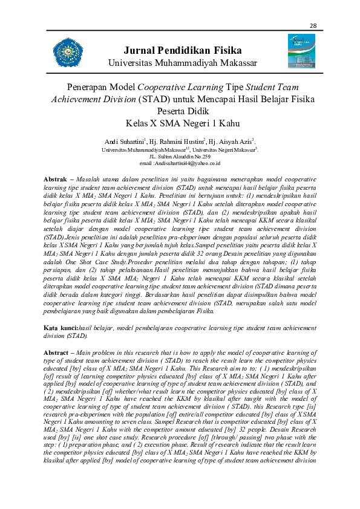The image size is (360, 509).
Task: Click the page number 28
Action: (x=313, y=25)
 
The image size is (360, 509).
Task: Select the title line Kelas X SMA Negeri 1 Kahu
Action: (x=180, y=123)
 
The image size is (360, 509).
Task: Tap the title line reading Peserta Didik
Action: (x=180, y=111)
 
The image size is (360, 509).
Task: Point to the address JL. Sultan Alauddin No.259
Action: (x=180, y=156)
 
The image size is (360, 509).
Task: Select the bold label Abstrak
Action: (x=58, y=180)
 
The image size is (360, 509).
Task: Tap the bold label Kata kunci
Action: (x=61, y=327)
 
